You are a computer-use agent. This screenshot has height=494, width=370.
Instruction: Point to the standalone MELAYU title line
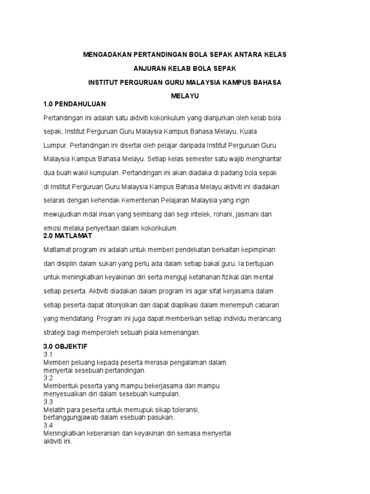click(185, 96)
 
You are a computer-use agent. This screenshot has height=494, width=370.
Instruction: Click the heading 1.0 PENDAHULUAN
click(74, 104)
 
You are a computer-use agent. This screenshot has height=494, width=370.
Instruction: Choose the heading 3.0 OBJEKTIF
click(66, 346)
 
